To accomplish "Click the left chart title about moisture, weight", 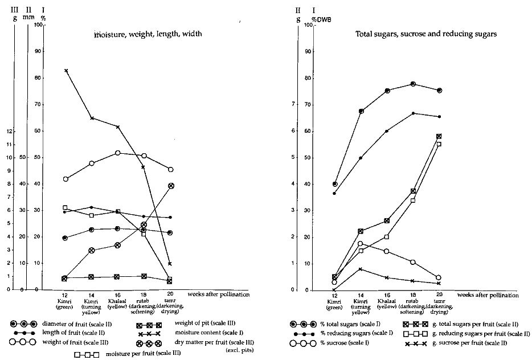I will [149, 35].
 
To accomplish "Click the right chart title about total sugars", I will [426, 34].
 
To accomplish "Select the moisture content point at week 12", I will [66, 71].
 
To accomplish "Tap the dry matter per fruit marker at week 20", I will [170, 186].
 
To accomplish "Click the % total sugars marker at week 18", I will [413, 84].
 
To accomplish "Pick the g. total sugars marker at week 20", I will [439, 136].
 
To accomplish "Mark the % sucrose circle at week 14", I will [360, 244].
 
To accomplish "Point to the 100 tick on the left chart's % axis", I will [39, 24].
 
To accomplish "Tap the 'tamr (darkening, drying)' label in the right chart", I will [439, 305].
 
